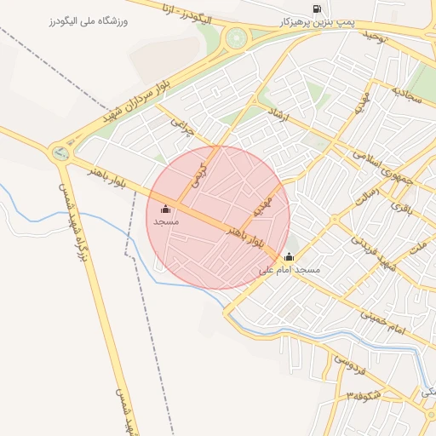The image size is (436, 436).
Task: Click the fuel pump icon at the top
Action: pos(318,9)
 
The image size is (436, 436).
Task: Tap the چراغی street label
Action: pos(182,128)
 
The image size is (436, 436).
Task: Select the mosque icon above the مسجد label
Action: pos(165,209)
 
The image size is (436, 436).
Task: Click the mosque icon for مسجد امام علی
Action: pos(289,257)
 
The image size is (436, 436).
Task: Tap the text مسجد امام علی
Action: pos(290,270)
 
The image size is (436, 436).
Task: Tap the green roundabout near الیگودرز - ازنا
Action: pos(235,37)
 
